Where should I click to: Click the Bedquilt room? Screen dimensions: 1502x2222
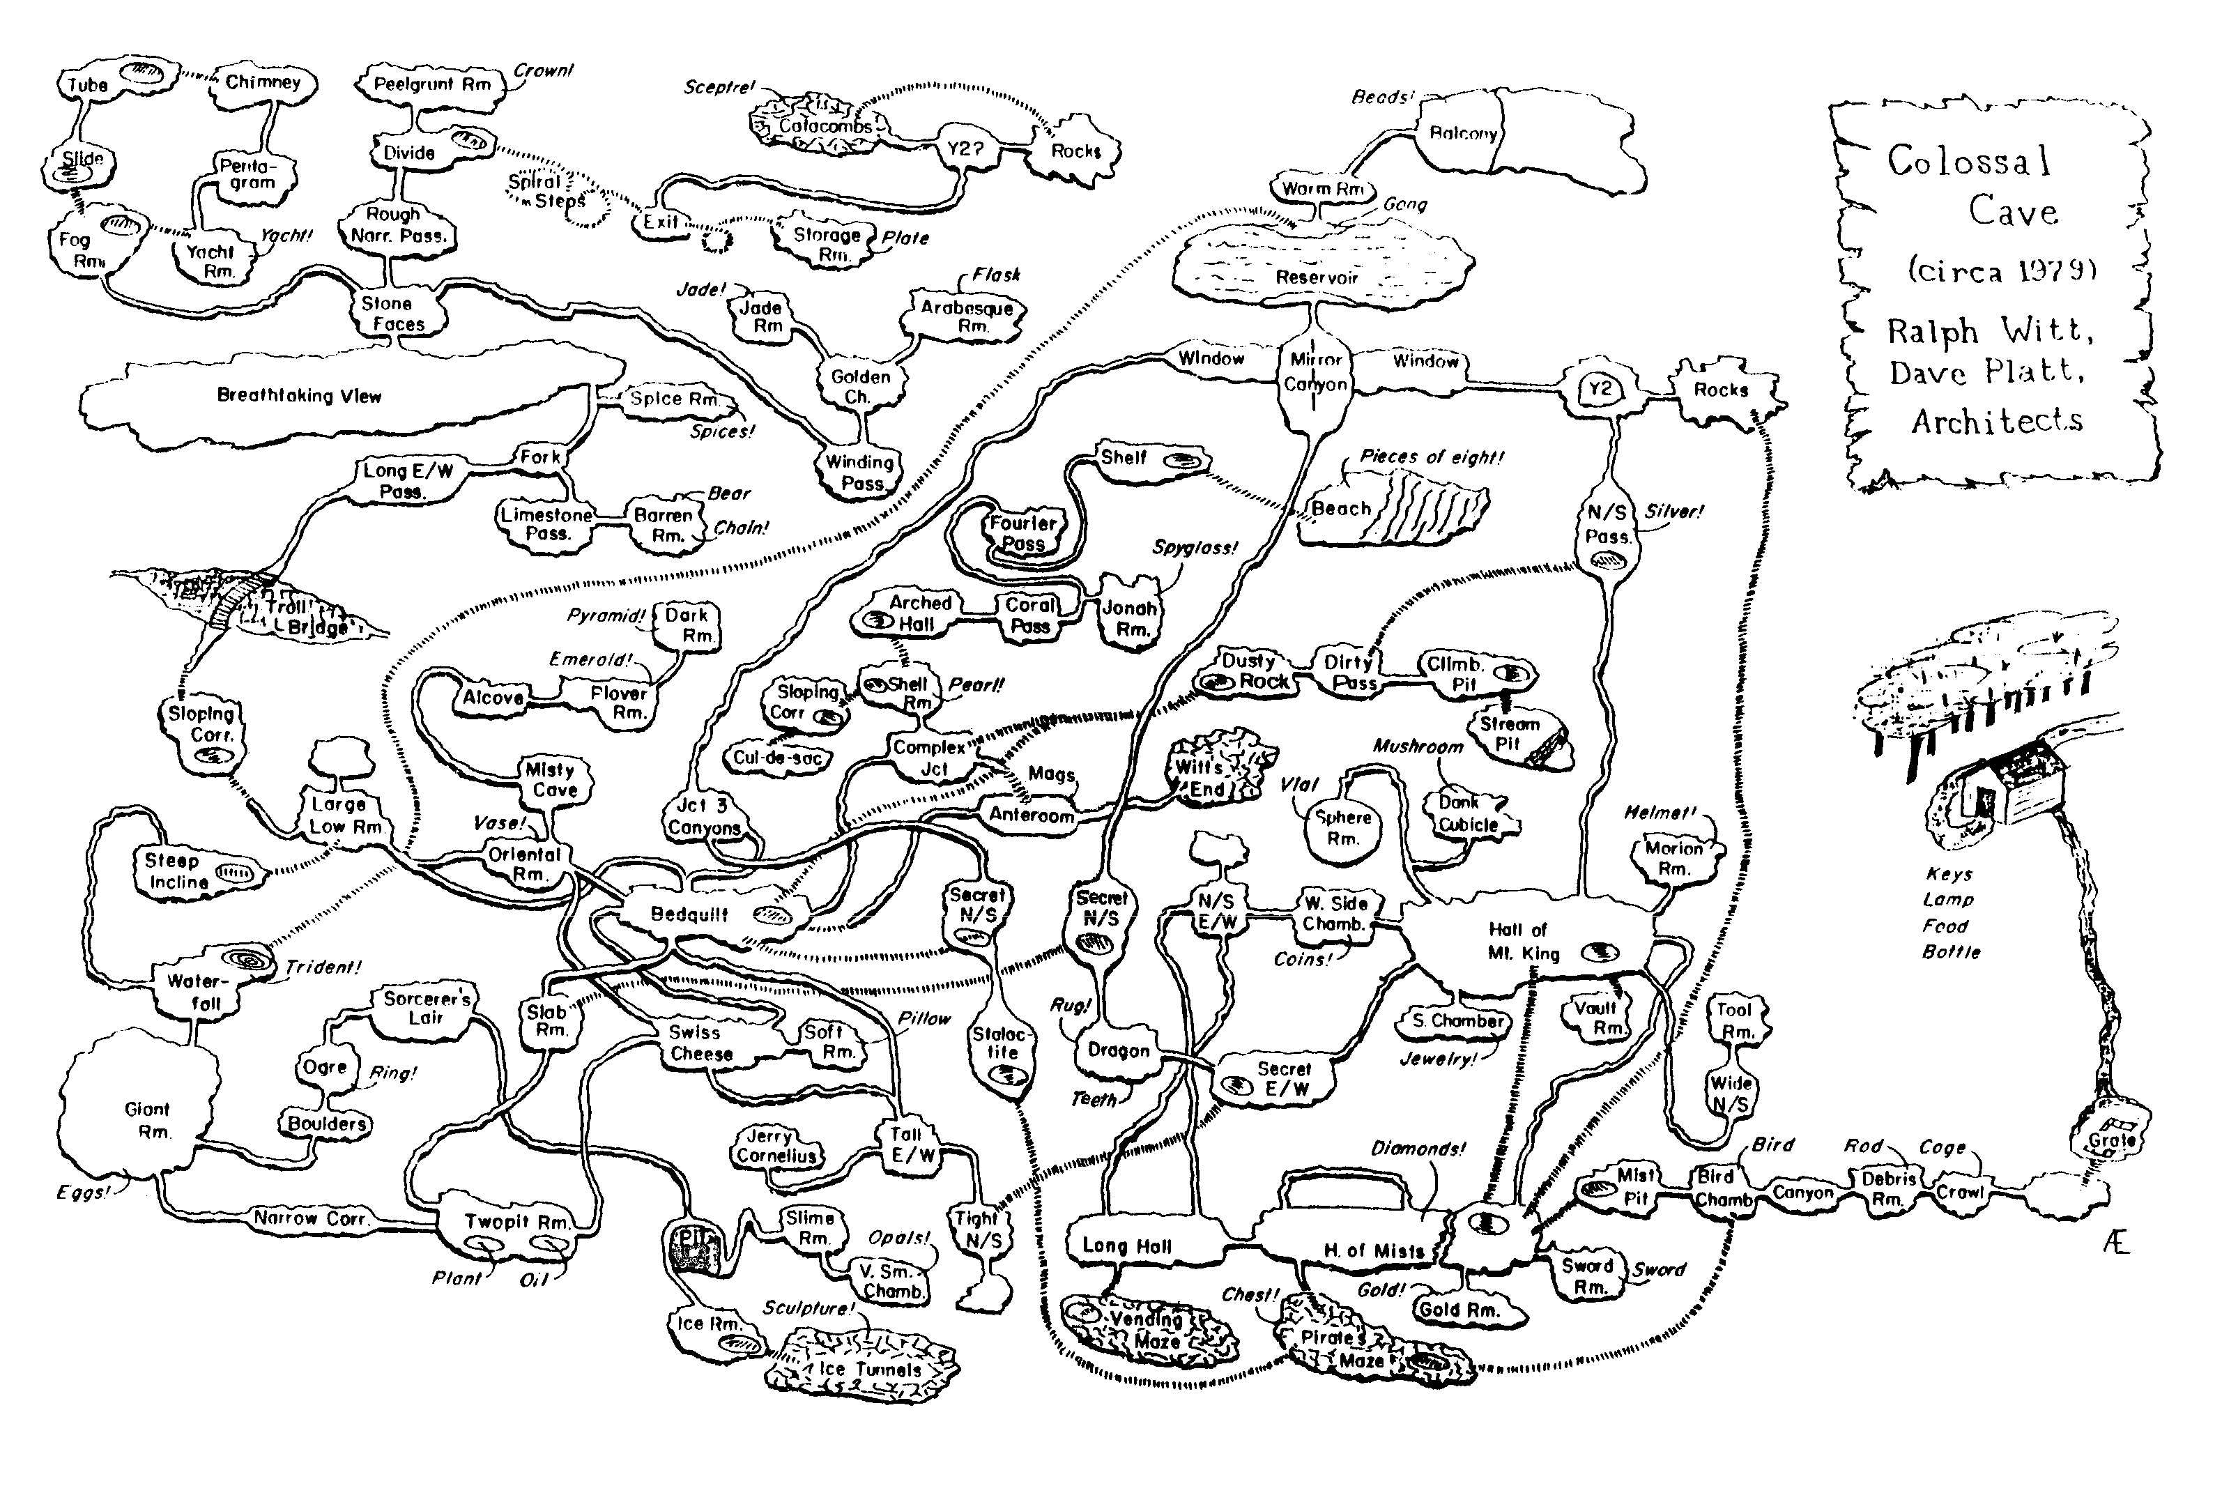(690, 914)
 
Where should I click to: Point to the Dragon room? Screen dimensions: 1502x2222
(1118, 1050)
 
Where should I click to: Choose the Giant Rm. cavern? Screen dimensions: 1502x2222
(146, 1119)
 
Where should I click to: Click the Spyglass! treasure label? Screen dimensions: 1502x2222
(1194, 548)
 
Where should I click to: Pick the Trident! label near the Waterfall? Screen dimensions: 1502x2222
(323, 967)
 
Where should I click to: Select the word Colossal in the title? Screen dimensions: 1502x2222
(1968, 160)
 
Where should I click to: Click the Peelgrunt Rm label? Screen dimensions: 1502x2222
(432, 84)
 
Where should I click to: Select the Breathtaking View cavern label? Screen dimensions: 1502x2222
(298, 396)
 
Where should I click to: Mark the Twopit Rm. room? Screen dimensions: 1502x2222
(516, 1222)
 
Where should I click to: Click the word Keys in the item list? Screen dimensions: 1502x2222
(1949, 874)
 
